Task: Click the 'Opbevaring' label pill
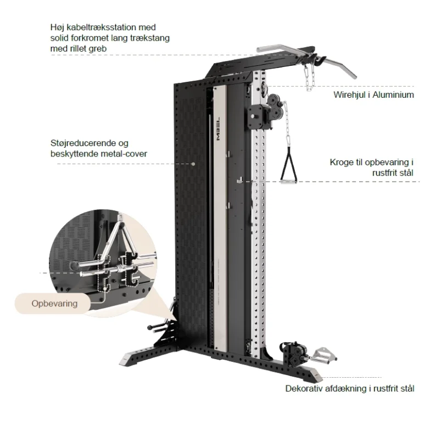[x=54, y=303]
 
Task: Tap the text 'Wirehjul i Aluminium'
[x=373, y=94]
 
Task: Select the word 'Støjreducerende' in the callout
[x=73, y=144]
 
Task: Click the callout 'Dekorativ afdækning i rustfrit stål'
[x=349, y=388]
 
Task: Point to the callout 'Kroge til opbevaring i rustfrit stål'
[x=371, y=167]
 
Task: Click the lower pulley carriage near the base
[x=290, y=353]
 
